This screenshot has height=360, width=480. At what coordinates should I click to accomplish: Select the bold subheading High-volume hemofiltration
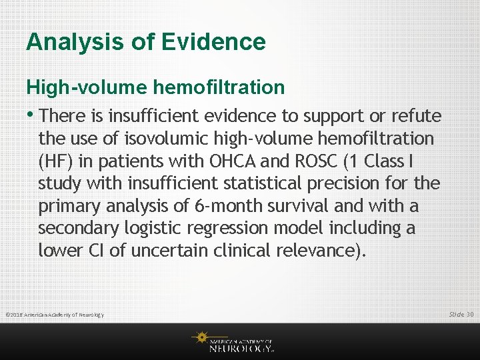155,87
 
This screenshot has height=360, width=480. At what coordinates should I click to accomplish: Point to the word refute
416,116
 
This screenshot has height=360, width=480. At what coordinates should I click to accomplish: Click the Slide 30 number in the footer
461,314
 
